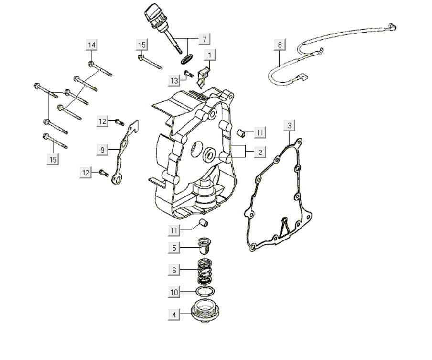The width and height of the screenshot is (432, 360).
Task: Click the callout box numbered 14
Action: click(x=92, y=45)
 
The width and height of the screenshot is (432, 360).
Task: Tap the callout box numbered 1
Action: click(x=210, y=55)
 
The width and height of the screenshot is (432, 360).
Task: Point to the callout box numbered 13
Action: click(x=173, y=80)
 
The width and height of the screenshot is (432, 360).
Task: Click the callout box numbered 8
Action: click(x=280, y=45)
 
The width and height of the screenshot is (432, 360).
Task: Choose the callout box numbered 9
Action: click(x=102, y=150)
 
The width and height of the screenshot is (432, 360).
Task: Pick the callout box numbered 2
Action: click(x=259, y=153)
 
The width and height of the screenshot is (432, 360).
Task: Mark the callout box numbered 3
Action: click(x=289, y=126)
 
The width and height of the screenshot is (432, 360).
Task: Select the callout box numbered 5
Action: click(x=174, y=248)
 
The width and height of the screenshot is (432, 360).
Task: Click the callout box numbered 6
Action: click(x=174, y=270)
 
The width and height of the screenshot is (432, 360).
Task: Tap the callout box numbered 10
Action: click(x=174, y=291)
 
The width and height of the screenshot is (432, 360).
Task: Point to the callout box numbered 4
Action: click(x=174, y=315)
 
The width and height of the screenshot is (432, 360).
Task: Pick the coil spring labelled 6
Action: click(x=205, y=271)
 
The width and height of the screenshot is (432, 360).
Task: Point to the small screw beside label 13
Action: click(x=188, y=74)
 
